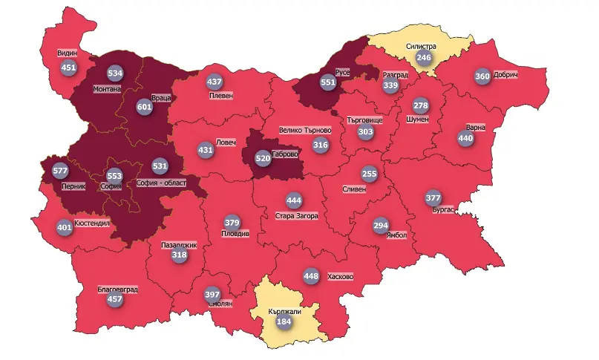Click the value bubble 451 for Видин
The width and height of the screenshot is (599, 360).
point(69,68)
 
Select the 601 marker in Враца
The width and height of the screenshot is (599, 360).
point(145,107)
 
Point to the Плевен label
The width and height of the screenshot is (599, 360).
point(220,96)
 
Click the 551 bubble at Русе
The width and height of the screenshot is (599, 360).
point(327,83)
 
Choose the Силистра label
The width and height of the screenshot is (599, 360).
point(421,46)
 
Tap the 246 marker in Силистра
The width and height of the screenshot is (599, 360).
point(424,58)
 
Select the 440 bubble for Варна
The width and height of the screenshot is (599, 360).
point(465,138)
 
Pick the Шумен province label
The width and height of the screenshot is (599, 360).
point(418,119)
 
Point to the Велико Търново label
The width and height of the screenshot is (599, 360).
point(305,131)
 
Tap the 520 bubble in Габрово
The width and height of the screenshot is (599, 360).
point(263,158)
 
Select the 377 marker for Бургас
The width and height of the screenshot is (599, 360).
point(433,197)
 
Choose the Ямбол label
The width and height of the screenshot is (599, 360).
point(397,235)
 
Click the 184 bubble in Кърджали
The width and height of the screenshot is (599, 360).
point(284,322)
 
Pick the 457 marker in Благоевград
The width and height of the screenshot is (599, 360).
point(115,300)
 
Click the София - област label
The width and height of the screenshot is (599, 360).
point(163,182)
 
